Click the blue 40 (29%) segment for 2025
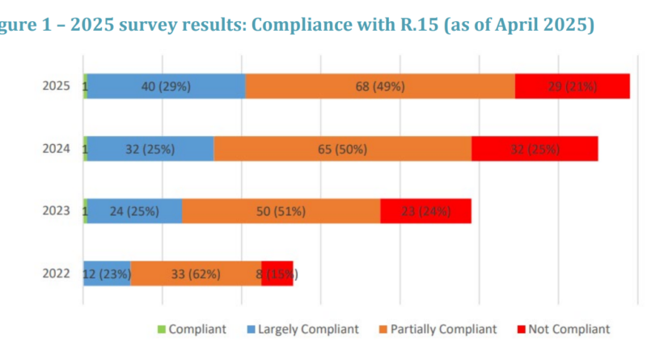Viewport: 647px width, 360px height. [x=166, y=86]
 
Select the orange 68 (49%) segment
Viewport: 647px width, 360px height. [x=380, y=86]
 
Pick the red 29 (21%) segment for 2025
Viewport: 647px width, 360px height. [x=573, y=86]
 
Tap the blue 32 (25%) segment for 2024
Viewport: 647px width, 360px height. [x=150, y=149]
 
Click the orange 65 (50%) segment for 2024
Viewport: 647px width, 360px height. [x=342, y=149]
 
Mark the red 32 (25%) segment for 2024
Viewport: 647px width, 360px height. [x=535, y=149]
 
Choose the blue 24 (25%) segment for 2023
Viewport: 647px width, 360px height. [x=134, y=211]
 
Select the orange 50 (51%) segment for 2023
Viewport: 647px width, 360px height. [x=281, y=211]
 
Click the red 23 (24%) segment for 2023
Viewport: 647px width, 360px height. [x=425, y=211]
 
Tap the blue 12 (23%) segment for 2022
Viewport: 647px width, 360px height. [x=107, y=273]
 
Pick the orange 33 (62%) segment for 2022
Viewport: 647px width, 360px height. [x=196, y=273]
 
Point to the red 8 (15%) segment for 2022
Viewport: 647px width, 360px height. [x=277, y=273]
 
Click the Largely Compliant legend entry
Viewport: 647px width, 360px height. [x=306, y=329]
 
